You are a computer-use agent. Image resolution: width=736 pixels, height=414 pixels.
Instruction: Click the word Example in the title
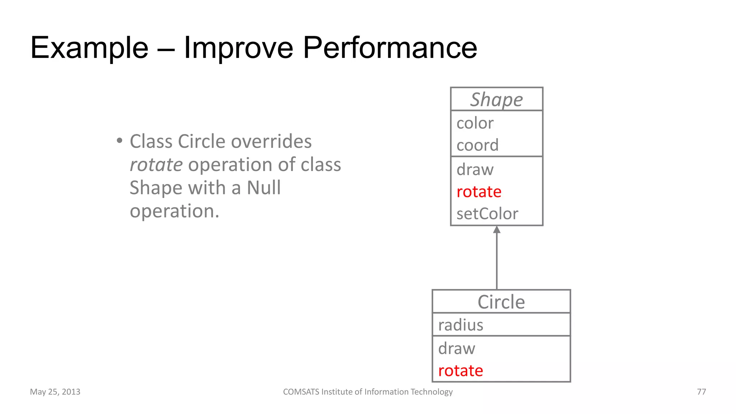click(x=89, y=48)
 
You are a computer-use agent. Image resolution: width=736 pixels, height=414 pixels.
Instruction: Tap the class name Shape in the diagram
click(x=496, y=100)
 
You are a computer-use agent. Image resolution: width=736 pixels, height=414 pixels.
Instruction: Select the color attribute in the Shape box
click(x=475, y=123)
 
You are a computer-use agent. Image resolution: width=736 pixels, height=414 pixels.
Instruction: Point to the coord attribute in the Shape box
click(x=477, y=145)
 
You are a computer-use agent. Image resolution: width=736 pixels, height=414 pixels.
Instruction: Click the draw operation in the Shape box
click(x=475, y=169)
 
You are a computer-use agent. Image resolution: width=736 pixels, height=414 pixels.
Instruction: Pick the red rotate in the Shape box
click(x=479, y=192)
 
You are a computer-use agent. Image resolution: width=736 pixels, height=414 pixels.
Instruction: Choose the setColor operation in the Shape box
click(x=487, y=214)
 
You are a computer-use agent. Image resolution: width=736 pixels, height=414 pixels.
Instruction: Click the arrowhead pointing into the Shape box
click(x=497, y=230)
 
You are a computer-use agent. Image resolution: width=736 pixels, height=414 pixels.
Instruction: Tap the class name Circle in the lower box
click(x=501, y=302)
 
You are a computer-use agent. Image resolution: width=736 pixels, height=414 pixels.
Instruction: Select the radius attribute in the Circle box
click(x=460, y=325)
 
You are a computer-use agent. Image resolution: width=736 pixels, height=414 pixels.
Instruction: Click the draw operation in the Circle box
click(x=456, y=349)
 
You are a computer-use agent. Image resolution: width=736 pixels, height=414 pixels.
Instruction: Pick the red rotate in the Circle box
click(x=460, y=371)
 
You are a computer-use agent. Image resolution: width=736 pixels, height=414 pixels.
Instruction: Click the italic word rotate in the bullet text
click(x=156, y=165)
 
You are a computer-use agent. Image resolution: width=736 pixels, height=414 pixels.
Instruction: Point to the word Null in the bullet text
click(x=263, y=188)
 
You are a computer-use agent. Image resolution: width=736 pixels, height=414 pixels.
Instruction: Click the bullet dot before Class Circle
click(x=119, y=141)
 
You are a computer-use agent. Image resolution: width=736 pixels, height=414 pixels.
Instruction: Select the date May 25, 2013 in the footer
click(x=55, y=392)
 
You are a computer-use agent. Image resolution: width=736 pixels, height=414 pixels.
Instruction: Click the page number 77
click(x=701, y=392)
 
